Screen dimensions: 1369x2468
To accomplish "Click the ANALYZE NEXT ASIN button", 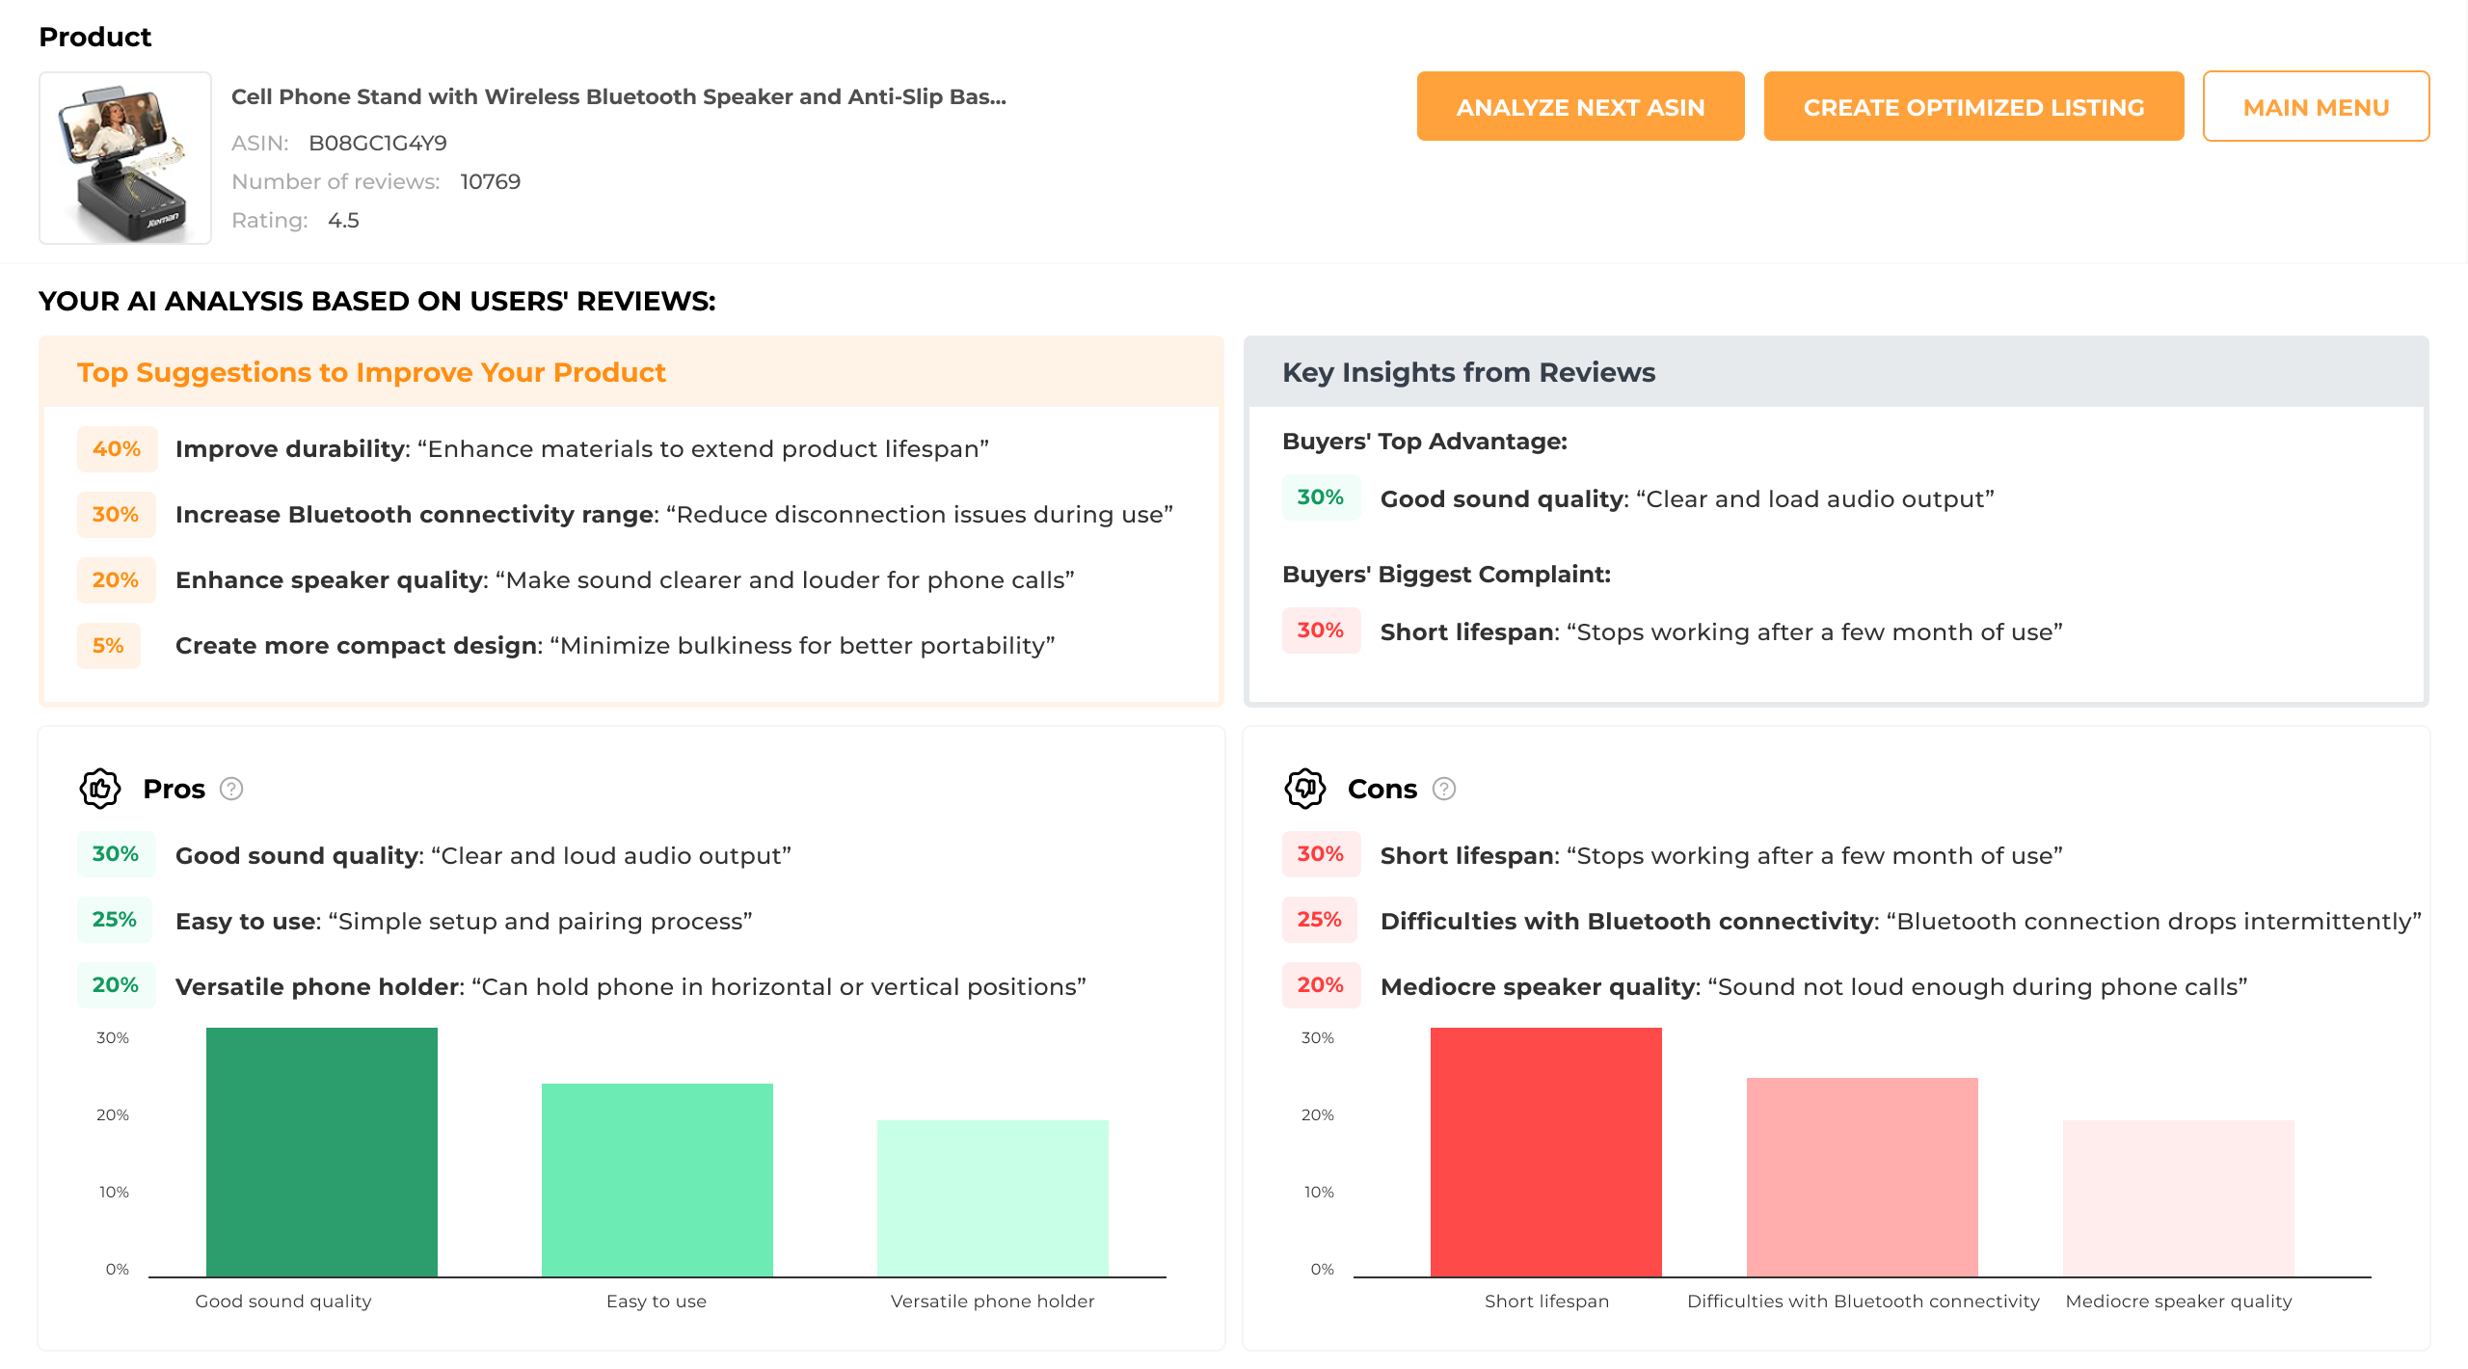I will (x=1580, y=106).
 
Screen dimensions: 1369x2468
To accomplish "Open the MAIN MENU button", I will (x=2316, y=106).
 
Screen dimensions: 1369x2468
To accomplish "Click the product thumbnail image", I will (x=125, y=158).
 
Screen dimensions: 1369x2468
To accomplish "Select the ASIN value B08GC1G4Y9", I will (x=377, y=143).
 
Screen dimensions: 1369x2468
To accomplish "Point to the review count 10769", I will (x=490, y=181).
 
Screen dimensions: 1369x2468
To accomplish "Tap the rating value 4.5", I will (x=343, y=220).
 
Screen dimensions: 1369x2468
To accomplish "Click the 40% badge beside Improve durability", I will (x=117, y=449).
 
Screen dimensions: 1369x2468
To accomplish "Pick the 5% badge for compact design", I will (x=108, y=646).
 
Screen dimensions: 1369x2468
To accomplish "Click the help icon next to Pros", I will (x=231, y=789).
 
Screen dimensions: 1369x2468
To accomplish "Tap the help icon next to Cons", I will (x=1443, y=789).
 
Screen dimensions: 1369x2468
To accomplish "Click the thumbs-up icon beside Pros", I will (x=100, y=789).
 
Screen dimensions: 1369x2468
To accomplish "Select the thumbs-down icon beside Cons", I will (x=1305, y=789).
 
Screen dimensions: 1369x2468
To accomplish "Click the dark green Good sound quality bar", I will (x=322, y=1152).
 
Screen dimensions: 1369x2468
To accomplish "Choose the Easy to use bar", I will (x=657, y=1180).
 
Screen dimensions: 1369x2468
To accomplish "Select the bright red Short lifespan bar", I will (x=1546, y=1152).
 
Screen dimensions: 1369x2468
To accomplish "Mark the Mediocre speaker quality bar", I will (x=2179, y=1198).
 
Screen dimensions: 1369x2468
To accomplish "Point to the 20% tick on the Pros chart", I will (x=113, y=1115).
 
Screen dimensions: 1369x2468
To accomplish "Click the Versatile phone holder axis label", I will (x=992, y=1302).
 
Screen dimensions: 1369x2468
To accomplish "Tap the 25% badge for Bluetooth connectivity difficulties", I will (x=1319, y=920).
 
